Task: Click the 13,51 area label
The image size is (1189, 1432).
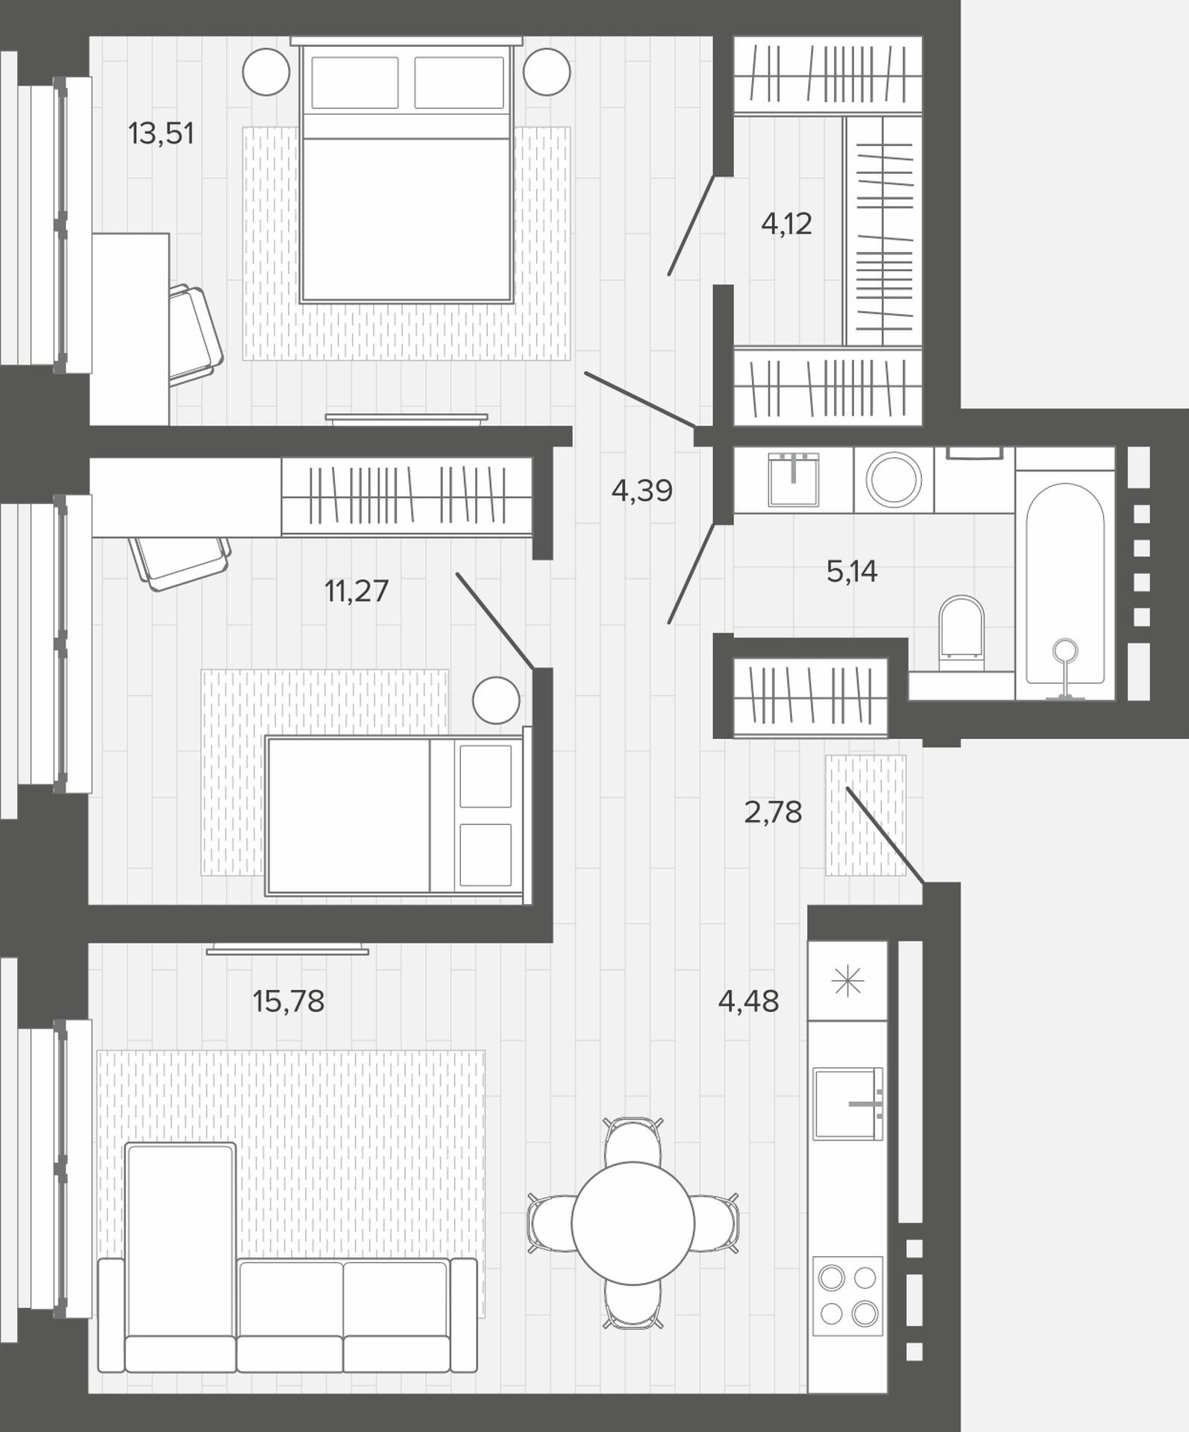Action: point(161,134)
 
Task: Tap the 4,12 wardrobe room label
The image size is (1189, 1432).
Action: point(786,224)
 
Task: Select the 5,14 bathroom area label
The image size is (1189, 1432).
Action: point(852,571)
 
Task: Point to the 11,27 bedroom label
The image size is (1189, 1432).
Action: point(357,591)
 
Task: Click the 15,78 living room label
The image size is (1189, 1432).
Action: point(289,1001)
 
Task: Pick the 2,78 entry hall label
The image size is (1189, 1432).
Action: point(773,812)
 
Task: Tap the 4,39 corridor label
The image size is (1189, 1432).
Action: point(641,491)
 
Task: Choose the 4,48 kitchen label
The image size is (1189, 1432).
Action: point(748,1001)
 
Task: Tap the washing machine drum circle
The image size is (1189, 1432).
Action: point(894,479)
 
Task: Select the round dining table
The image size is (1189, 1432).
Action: point(633,1222)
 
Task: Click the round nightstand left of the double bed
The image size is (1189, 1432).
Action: point(266,72)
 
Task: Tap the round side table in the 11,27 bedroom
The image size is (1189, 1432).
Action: point(496,700)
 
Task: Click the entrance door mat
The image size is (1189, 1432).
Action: point(866,814)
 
